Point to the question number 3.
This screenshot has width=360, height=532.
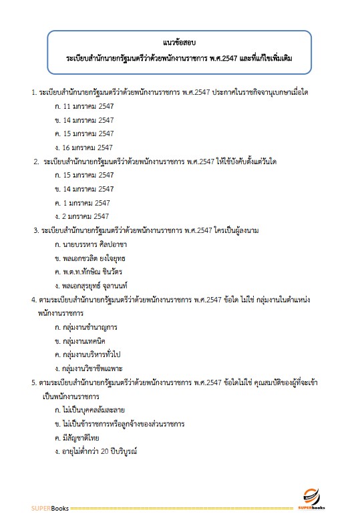click(x=36, y=230)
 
